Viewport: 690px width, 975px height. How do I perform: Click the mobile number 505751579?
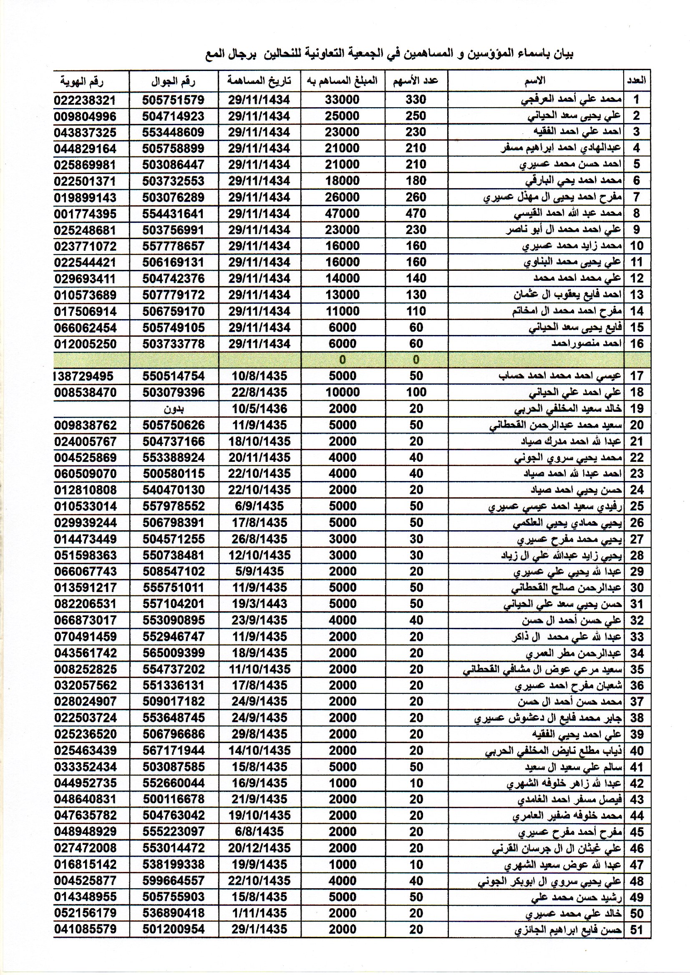(174, 100)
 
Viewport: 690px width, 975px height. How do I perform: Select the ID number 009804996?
(85, 116)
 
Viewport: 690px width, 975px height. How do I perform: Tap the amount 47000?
(342, 213)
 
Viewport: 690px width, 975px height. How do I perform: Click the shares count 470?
(416, 213)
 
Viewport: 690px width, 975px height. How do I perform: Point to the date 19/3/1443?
(259, 604)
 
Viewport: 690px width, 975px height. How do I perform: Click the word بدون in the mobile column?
(174, 409)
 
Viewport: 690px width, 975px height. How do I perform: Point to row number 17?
(637, 376)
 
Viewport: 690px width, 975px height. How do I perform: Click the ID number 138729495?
(85, 376)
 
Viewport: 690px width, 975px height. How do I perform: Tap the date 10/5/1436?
(259, 409)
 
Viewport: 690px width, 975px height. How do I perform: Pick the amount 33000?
(342, 100)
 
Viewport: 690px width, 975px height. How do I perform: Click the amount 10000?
(342, 392)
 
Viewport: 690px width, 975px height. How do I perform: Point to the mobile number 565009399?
(174, 653)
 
